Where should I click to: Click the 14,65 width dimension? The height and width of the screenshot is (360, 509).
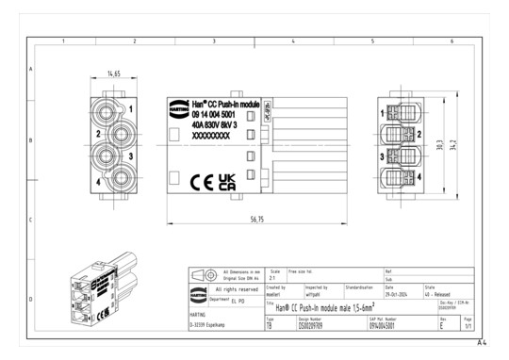coord(113,73)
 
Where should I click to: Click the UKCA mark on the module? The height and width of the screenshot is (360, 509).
coord(226,181)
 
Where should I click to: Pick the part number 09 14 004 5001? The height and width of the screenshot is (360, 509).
coord(216,113)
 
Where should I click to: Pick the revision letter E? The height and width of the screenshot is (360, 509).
coord(442,324)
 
